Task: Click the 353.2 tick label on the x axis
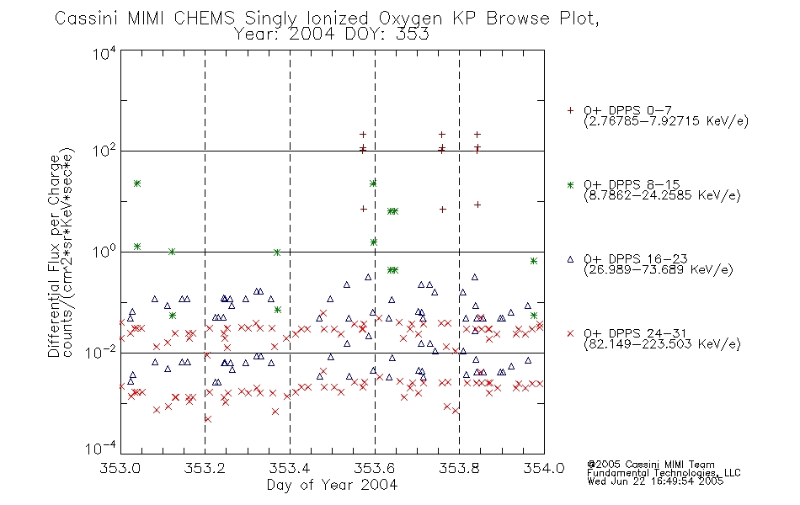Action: coord(205,468)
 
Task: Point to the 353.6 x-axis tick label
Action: coord(375,468)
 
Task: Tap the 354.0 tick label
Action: coord(544,468)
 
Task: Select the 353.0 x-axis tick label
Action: coord(120,468)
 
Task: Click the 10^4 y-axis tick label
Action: coord(104,53)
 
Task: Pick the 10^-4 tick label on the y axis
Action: coord(101,448)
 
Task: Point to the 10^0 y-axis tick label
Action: coord(104,252)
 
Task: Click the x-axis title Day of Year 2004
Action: coord(332,485)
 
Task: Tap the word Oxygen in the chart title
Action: coord(410,19)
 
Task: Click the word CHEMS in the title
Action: coord(204,19)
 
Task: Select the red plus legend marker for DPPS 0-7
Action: coord(570,110)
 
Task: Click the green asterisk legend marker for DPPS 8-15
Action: coord(570,184)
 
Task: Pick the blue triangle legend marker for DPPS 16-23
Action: coord(570,259)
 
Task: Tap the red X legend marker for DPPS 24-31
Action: coord(570,333)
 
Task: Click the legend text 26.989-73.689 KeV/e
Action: coord(659,269)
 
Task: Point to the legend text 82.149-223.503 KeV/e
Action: coord(662,343)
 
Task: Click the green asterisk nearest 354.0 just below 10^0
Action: coord(534,261)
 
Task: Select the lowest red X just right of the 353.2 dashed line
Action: coord(208,419)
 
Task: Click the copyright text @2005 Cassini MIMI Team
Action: coord(650,465)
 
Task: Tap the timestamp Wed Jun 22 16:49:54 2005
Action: coord(655,481)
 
